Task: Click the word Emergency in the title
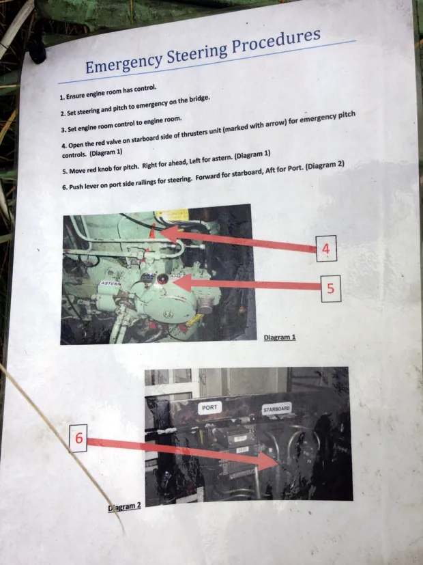(123, 62)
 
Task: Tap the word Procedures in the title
(276, 41)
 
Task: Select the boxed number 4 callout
(326, 249)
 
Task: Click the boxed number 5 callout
(331, 288)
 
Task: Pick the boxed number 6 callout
(78, 438)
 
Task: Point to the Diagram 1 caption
(280, 337)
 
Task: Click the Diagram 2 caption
(124, 508)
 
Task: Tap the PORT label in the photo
(209, 408)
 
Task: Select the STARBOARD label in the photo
(276, 409)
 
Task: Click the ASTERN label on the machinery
(110, 284)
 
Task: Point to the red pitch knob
(162, 278)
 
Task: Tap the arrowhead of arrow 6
(268, 462)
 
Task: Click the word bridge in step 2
(199, 99)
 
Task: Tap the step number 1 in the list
(62, 98)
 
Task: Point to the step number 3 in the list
(63, 130)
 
